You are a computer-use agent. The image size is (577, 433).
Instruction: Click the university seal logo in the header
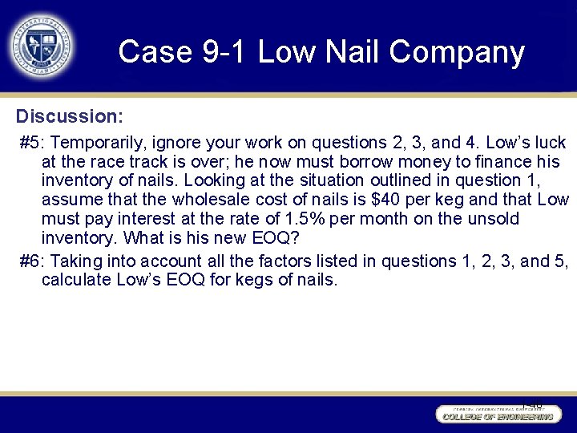click(42, 46)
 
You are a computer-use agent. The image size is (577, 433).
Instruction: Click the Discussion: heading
click(70, 117)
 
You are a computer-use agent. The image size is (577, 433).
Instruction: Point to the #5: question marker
click(33, 144)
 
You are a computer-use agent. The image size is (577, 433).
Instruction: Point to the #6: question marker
click(33, 261)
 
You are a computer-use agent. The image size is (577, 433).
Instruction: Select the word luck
click(549, 144)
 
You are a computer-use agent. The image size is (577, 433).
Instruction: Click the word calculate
click(76, 281)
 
